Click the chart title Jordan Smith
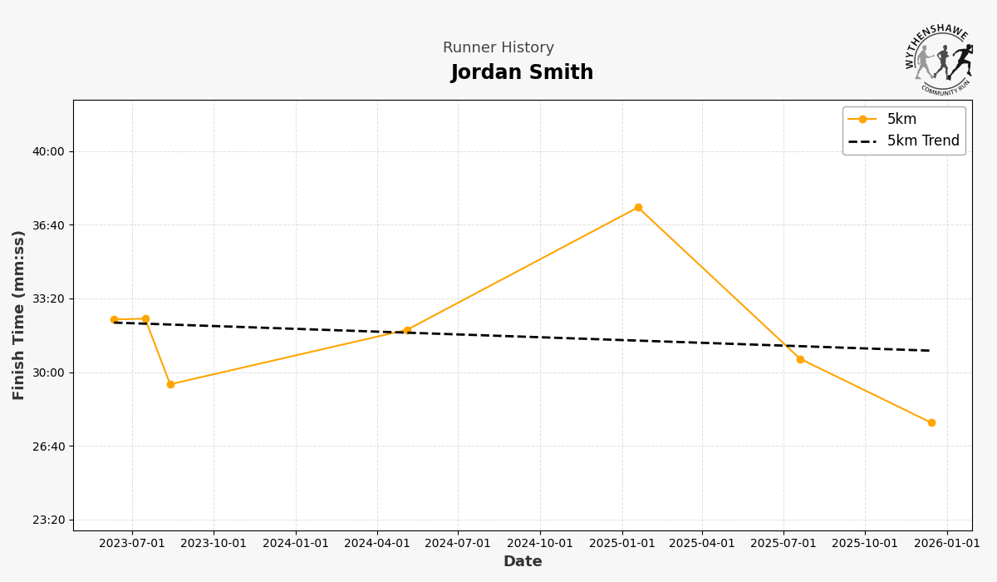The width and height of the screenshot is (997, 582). (x=522, y=73)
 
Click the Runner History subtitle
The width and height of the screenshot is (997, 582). (x=498, y=48)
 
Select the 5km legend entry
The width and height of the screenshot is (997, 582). (x=901, y=120)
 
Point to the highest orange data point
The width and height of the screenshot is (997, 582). (x=638, y=208)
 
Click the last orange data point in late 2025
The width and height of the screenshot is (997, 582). (x=931, y=423)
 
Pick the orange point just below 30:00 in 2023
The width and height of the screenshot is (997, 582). (x=170, y=385)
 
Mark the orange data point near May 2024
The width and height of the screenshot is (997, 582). (x=407, y=331)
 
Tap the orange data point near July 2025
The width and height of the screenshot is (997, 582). (x=800, y=359)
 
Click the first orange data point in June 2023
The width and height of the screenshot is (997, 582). (x=114, y=320)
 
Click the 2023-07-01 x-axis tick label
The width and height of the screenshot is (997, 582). (x=132, y=544)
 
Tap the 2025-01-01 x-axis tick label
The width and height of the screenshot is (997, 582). (x=621, y=544)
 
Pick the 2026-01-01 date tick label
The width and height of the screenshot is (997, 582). (x=947, y=544)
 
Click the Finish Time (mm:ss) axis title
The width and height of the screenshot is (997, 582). (x=19, y=315)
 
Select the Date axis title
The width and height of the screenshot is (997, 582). (x=523, y=562)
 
